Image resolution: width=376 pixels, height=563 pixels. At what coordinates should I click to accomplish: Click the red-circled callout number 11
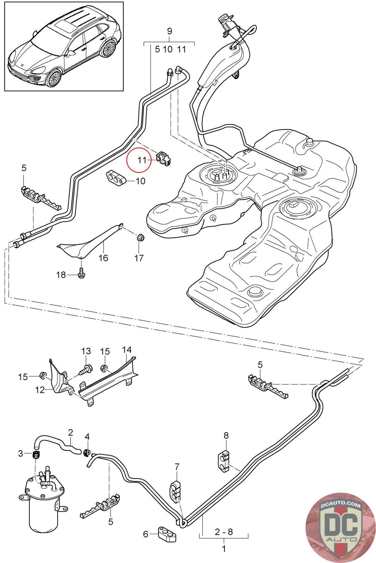(142, 160)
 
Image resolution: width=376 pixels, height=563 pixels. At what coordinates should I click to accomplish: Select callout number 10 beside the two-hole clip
(140, 181)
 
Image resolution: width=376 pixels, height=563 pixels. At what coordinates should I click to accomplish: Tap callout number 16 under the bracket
(103, 258)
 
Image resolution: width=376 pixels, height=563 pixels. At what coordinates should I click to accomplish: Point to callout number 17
(139, 258)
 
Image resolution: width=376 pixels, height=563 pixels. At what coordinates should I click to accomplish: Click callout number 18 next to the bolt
(61, 275)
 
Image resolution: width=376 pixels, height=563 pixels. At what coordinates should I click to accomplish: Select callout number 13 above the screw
(86, 351)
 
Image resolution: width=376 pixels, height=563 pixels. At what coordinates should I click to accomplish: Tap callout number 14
(127, 350)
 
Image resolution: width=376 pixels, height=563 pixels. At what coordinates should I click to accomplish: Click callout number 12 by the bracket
(40, 390)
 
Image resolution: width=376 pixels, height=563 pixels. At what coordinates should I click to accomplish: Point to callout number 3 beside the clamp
(20, 453)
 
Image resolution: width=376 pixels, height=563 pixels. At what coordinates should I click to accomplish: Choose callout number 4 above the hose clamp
(87, 437)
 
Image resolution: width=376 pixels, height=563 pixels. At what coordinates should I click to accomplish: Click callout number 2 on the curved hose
(70, 432)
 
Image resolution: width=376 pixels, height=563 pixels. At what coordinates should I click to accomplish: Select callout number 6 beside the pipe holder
(146, 534)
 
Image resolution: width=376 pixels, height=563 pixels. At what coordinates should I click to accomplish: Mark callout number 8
(226, 436)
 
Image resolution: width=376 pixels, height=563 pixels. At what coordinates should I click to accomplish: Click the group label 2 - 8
(224, 531)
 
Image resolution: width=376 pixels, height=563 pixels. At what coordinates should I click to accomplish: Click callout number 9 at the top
(169, 31)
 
